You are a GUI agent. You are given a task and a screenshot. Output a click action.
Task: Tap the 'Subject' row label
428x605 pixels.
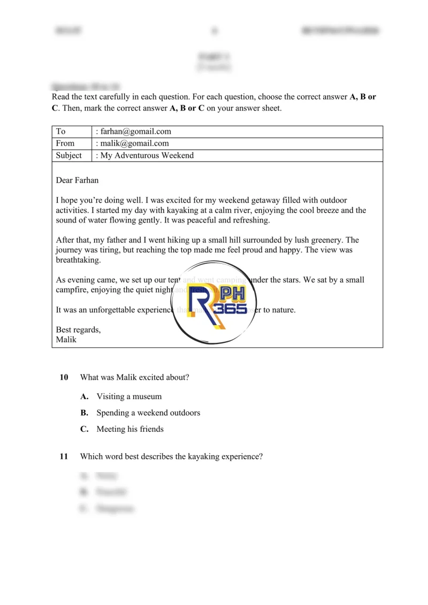68,156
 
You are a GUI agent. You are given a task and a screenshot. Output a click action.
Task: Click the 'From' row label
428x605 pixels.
65,143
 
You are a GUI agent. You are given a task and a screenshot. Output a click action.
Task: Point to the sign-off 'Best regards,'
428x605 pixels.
78,330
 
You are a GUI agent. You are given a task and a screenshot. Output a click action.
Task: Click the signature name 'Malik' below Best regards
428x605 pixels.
66,340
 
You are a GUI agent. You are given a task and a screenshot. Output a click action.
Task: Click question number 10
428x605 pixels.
64,378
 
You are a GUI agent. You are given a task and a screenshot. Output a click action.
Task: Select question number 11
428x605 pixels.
64,457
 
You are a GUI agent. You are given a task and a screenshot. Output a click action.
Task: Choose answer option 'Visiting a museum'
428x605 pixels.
129,397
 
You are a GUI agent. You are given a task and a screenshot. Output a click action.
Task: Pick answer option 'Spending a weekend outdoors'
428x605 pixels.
148,413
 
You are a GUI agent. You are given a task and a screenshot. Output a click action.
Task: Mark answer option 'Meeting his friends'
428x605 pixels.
130,429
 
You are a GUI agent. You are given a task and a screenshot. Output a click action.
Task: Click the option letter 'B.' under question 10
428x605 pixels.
84,413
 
